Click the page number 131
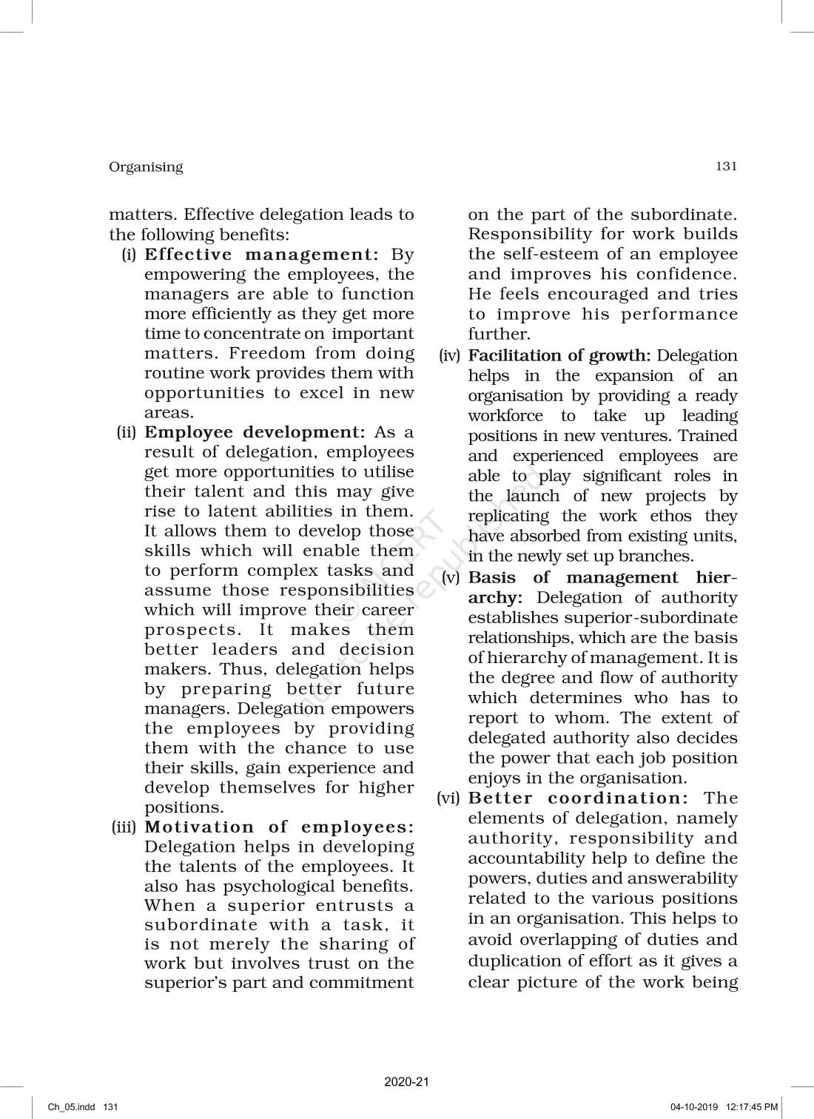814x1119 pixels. tap(726, 166)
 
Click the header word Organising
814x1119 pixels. tap(146, 167)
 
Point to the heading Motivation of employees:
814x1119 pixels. tap(279, 827)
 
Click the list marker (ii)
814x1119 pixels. tap(127, 432)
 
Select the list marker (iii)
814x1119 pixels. tap(124, 827)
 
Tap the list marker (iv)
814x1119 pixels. tap(449, 356)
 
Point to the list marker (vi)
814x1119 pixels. tap(449, 798)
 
